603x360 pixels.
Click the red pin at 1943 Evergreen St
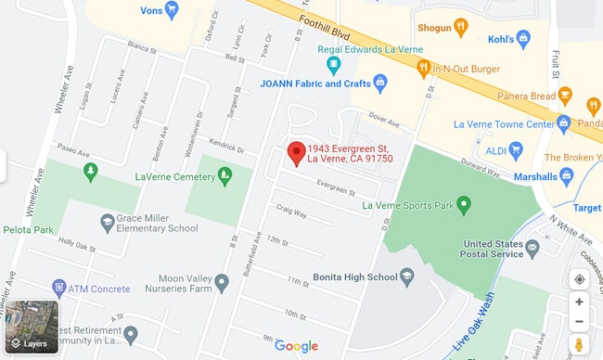(x=297, y=153)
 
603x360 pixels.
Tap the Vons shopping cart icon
(x=172, y=11)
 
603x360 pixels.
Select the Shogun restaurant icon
(x=462, y=28)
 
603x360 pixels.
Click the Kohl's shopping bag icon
(x=523, y=38)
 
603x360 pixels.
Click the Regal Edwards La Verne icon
(x=333, y=66)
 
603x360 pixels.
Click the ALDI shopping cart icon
(x=516, y=149)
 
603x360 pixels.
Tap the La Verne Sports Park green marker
(x=464, y=205)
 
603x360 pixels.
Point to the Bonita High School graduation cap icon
(x=405, y=276)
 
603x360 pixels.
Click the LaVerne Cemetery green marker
(x=225, y=174)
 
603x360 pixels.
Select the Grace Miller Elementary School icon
(x=108, y=222)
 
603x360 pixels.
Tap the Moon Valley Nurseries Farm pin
(x=222, y=282)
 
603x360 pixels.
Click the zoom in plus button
(x=579, y=302)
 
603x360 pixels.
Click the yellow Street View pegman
(x=579, y=344)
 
